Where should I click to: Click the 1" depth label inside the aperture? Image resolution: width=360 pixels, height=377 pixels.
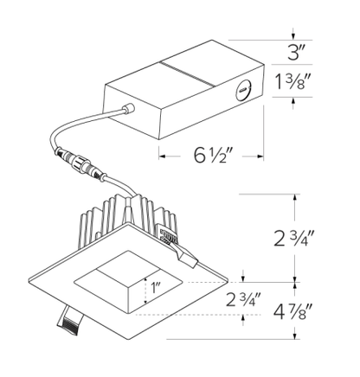tap(156, 288)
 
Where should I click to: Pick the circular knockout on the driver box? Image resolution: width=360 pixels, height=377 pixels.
tap(243, 91)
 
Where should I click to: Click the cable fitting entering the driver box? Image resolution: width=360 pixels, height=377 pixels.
tap(129, 109)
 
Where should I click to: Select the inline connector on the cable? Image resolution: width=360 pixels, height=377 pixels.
tap(81, 163)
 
